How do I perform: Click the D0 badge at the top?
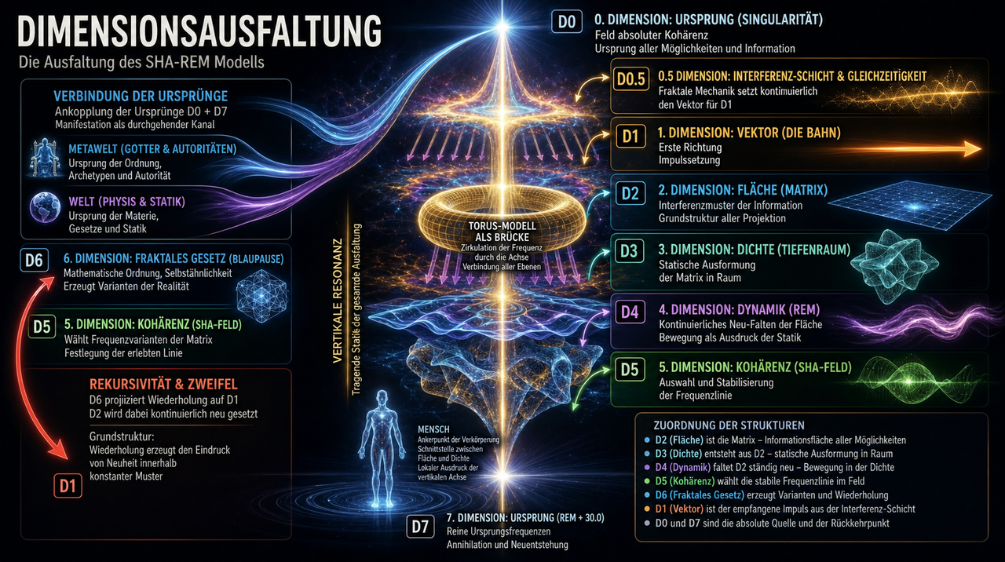567,21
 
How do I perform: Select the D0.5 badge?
630,79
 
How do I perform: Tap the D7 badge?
420,526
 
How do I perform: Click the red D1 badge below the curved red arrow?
68,486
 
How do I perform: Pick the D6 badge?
34,260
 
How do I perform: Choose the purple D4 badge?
630,312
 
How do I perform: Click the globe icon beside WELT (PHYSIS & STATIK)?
45,206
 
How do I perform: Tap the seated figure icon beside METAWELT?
44,159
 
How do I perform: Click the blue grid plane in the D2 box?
910,205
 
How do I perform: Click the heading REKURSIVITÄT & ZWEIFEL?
163,385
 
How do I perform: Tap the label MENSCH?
433,429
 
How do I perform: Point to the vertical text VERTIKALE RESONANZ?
338,301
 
